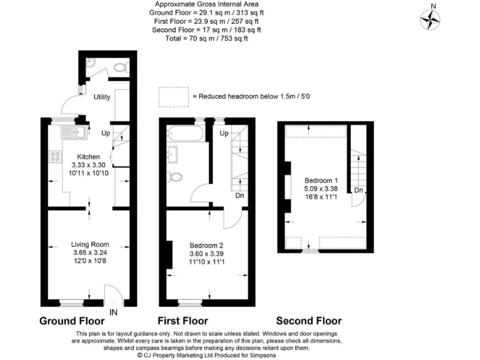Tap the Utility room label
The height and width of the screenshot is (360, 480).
point(102,97)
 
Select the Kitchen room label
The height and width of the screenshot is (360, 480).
point(87,156)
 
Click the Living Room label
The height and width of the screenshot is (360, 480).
point(90,244)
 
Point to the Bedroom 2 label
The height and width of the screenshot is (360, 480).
point(206,245)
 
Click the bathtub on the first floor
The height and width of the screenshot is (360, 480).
point(184,133)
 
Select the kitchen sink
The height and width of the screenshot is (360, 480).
point(72,132)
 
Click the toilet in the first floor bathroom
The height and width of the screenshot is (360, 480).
point(176,177)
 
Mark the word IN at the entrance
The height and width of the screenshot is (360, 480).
point(113,311)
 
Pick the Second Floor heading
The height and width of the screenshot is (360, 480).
point(309,321)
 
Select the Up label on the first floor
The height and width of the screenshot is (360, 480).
point(223,134)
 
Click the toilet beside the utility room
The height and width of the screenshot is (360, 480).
point(121,65)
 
